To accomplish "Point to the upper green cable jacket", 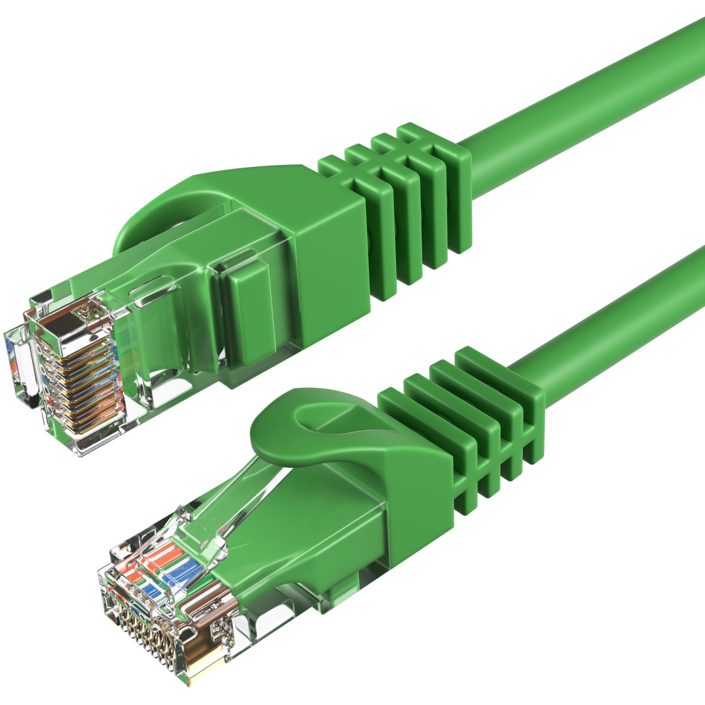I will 595,88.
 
